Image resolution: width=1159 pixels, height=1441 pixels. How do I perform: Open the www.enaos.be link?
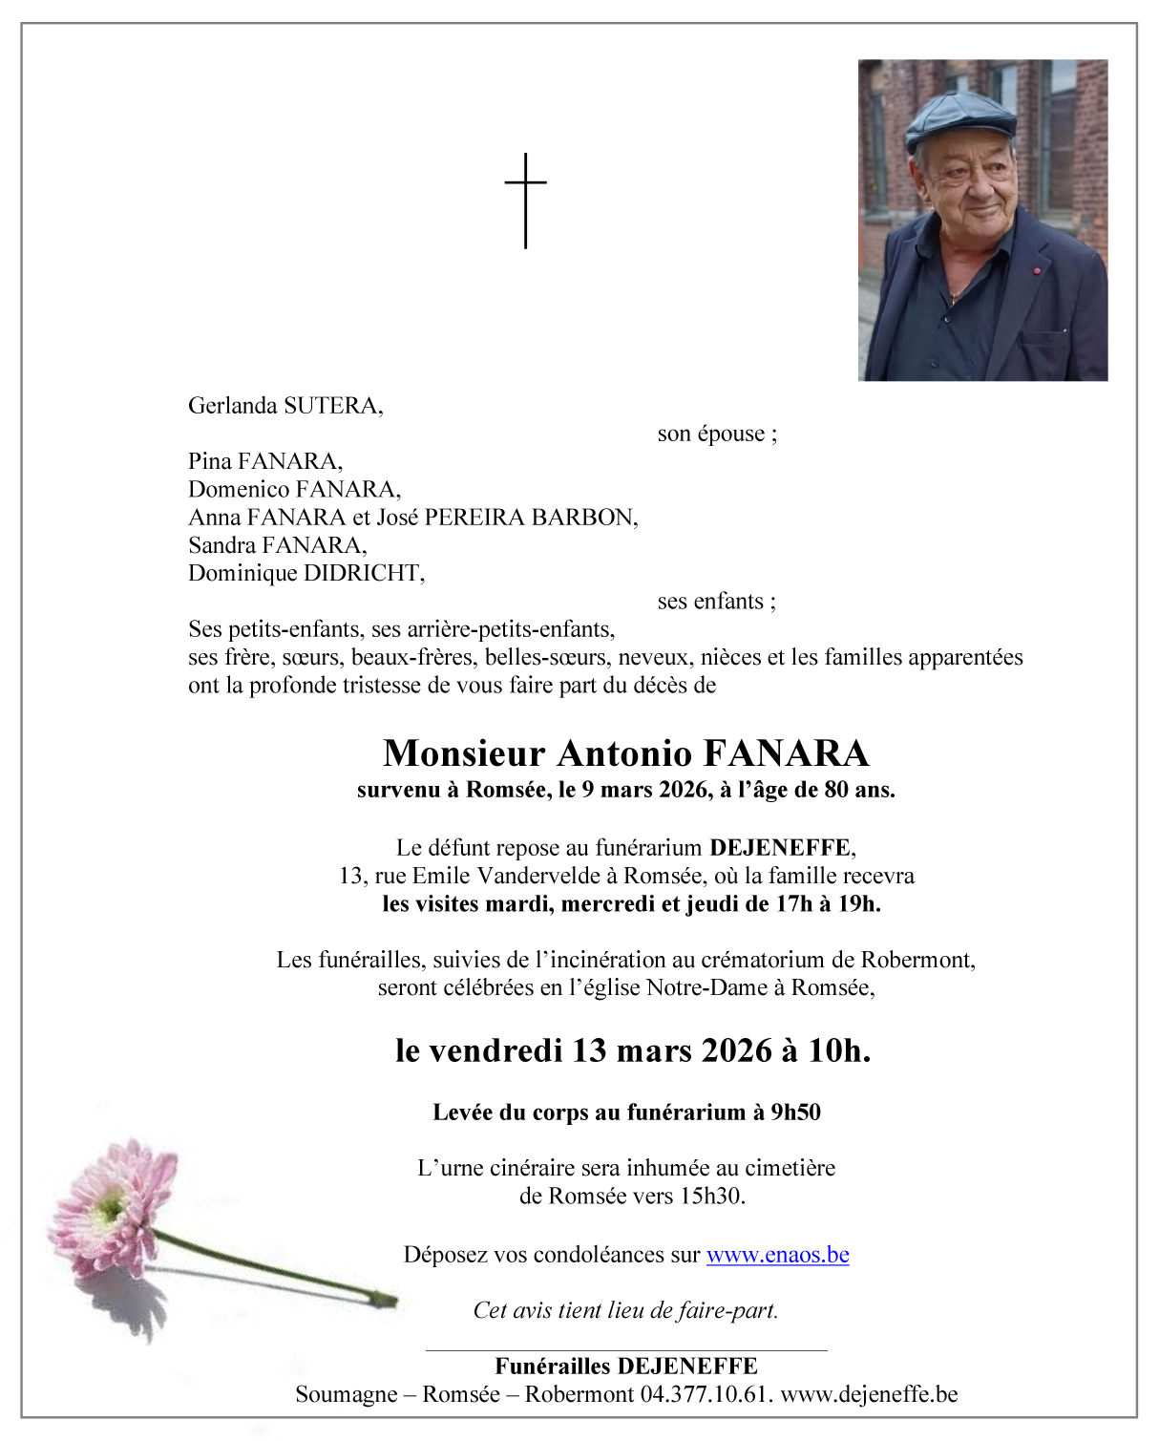coord(777,1255)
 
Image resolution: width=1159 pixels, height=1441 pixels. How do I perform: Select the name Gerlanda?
coord(233,406)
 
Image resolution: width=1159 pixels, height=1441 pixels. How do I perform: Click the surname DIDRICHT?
coord(363,573)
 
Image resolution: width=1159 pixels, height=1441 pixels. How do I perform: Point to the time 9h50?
coord(795,1113)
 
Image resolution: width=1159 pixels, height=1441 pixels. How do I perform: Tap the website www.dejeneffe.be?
coord(869,1394)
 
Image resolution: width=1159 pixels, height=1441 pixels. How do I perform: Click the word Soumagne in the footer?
coord(346,1394)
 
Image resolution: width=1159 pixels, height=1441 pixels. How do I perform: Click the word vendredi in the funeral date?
coord(495,1050)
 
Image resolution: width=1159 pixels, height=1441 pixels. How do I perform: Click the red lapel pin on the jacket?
coord(1037,271)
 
